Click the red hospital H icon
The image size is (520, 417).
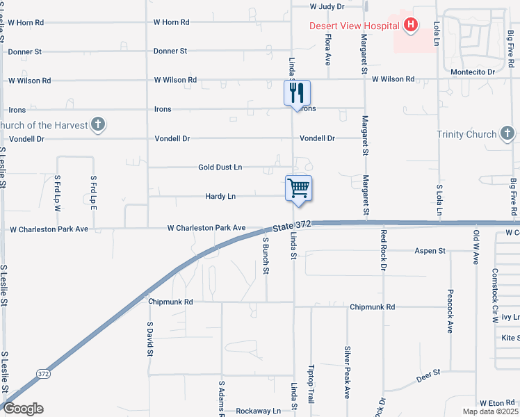pos(410,26)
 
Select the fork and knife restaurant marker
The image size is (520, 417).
pos(298,92)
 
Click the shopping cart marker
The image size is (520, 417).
pos(299,188)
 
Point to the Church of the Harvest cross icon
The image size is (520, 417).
pos(99,125)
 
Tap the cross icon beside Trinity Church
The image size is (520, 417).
pos(507,133)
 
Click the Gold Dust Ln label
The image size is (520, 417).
pos(220,167)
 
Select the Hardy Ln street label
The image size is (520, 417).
pos(220,197)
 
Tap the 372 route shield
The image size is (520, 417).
pos(44,374)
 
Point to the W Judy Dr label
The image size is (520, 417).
pos(327,6)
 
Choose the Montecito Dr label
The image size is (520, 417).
pos(472,72)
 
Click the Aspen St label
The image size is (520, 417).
pos(429,251)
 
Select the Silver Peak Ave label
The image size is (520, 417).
pos(346,373)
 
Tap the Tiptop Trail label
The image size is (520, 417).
pos(311,379)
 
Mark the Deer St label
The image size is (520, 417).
pos(429,374)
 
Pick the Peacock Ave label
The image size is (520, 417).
pos(450,311)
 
